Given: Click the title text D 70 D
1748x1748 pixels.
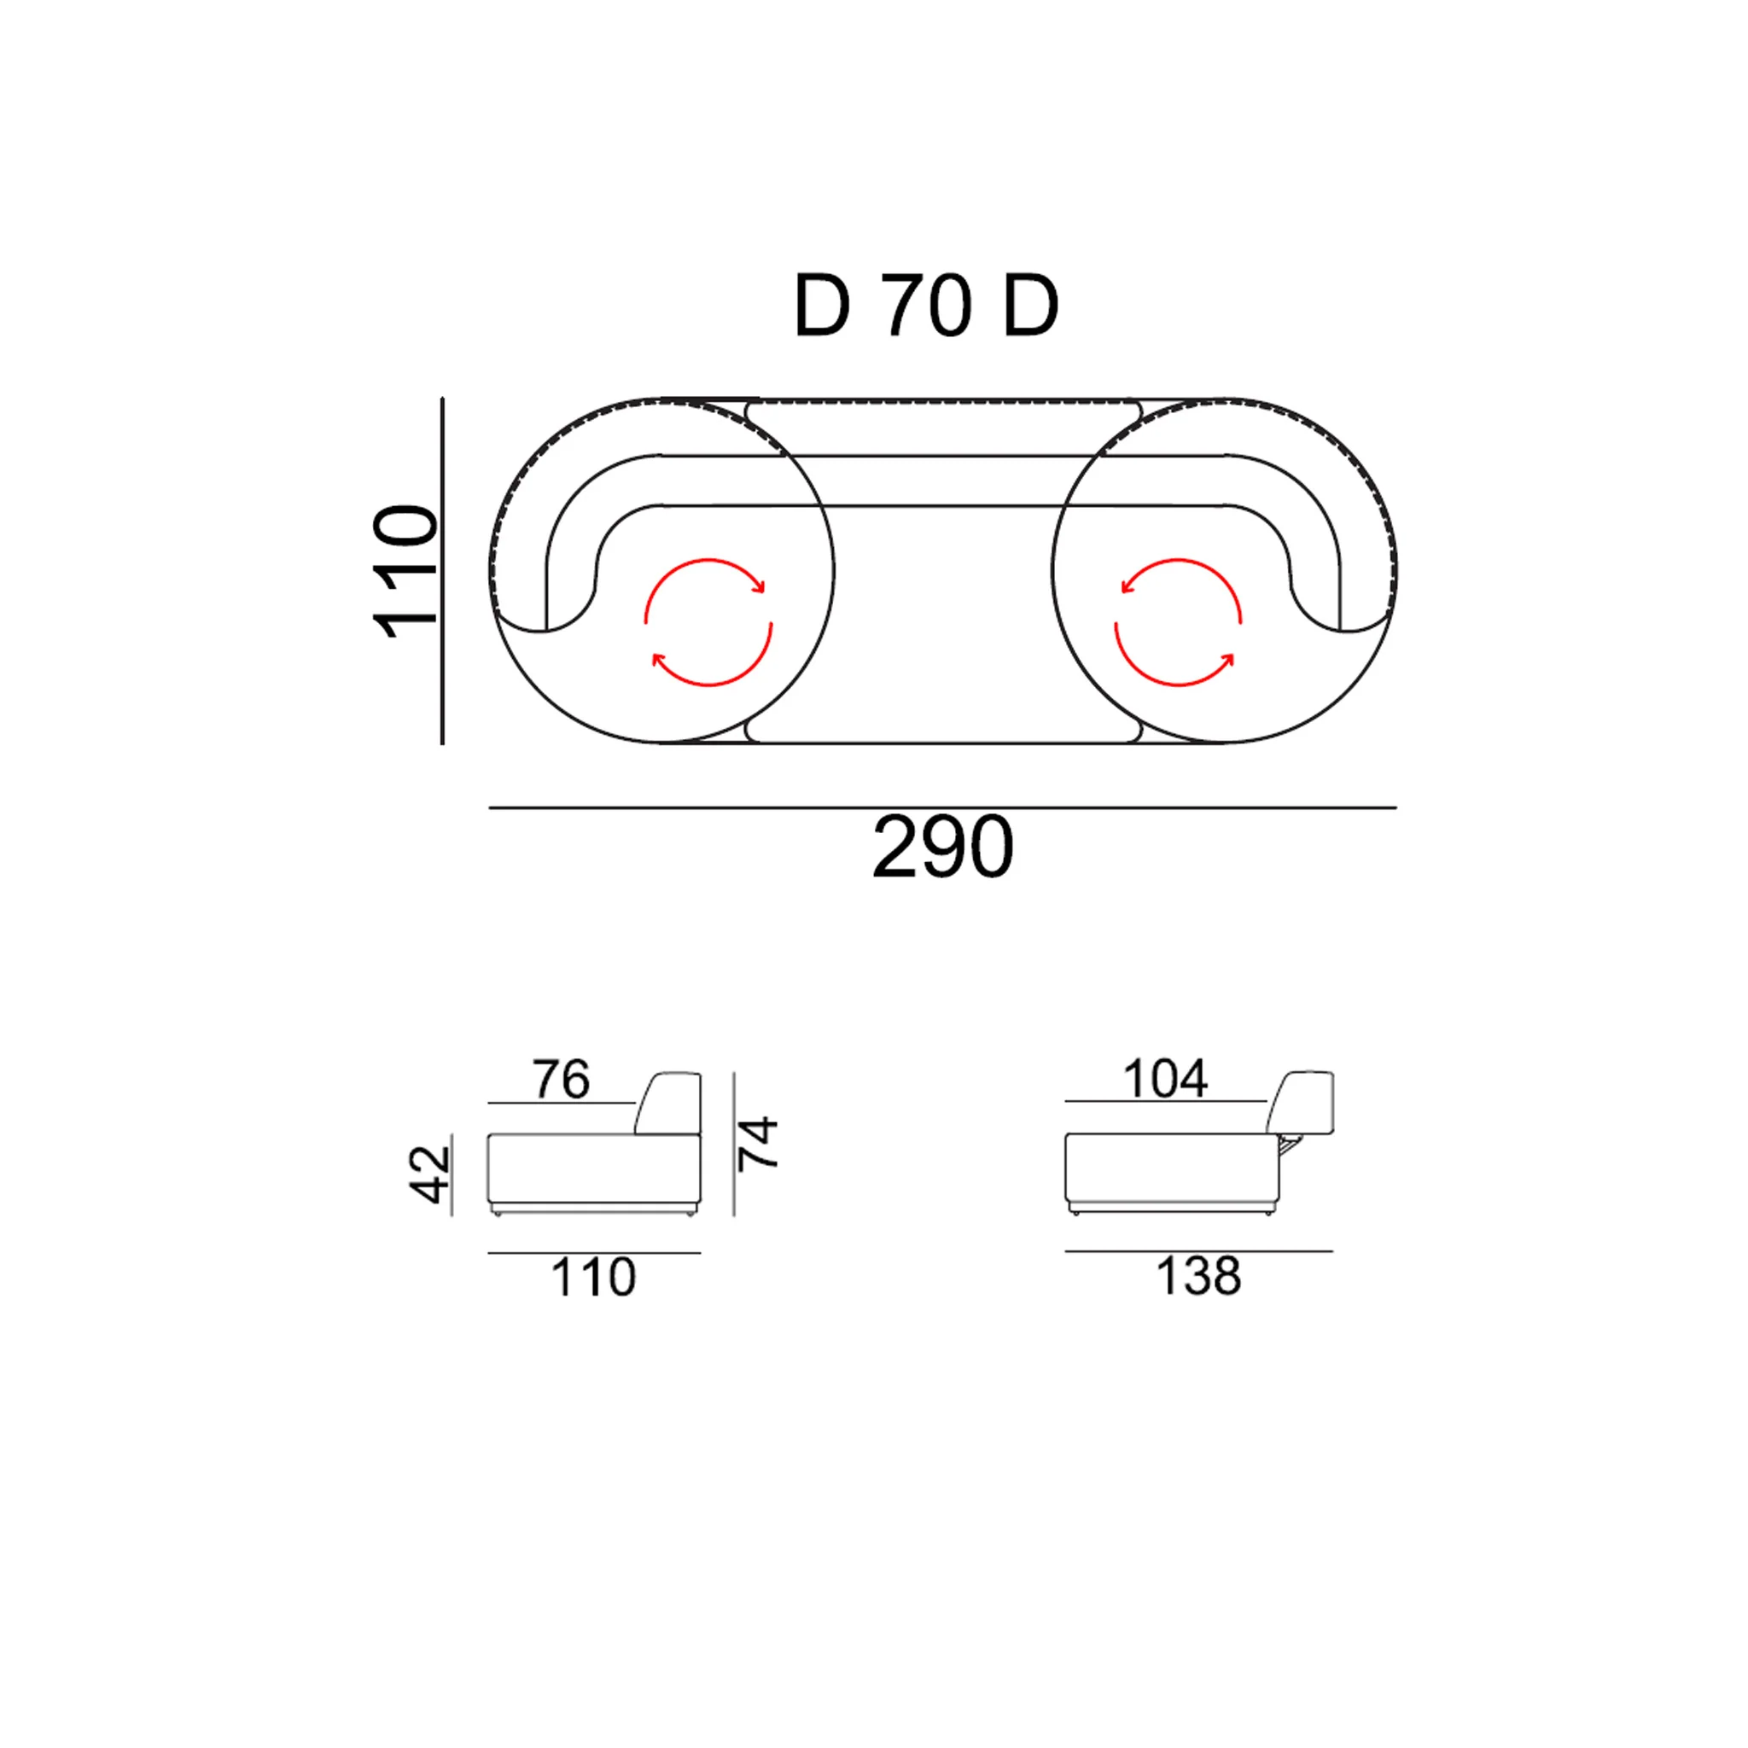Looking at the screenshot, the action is (925, 306).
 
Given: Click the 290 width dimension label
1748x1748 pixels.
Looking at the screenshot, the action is (943, 847).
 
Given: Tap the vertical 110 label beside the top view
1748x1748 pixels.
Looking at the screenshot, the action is (405, 572).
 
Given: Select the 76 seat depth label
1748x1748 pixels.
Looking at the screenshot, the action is (561, 1080).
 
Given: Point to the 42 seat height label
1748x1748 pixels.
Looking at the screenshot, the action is (431, 1174).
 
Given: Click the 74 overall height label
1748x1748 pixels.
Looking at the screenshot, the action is (757, 1143).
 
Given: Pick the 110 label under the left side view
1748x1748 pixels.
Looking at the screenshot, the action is (593, 1278).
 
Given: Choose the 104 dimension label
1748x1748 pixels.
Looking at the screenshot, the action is (1164, 1079).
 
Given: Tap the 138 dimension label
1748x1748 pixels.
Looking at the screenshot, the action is (1199, 1276).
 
